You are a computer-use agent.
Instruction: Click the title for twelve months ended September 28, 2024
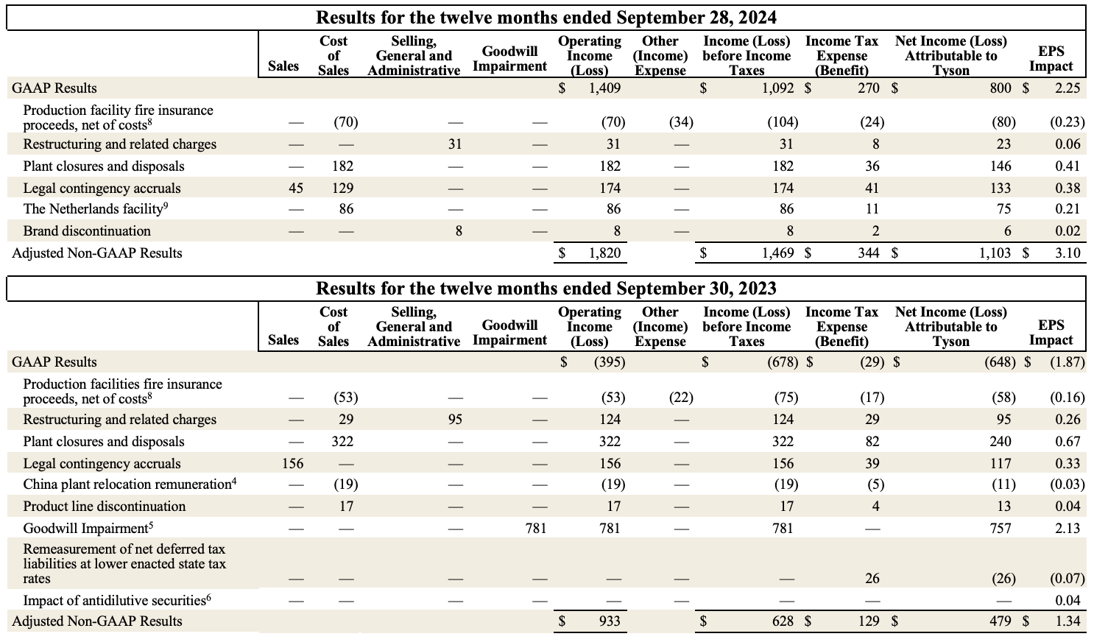click(x=546, y=17)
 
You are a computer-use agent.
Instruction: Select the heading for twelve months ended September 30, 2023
click(x=546, y=288)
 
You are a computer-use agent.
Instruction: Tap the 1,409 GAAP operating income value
click(x=604, y=88)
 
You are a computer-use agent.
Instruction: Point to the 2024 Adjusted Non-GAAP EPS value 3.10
click(x=1067, y=253)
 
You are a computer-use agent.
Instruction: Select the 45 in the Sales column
click(x=295, y=188)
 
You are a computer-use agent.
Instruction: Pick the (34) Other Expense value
click(x=681, y=122)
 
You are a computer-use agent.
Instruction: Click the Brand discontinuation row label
click(x=87, y=231)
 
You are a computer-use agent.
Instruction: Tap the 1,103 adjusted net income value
click(x=995, y=253)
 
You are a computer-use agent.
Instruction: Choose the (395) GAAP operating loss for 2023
click(x=610, y=362)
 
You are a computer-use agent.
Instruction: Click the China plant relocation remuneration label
click(x=129, y=484)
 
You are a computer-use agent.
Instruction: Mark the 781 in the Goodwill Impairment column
click(x=536, y=529)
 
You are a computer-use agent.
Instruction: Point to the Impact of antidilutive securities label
click(x=116, y=599)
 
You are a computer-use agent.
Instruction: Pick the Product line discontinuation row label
click(x=105, y=507)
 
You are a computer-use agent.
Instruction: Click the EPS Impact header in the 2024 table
click(x=1051, y=59)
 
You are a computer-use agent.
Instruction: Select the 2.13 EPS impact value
click(x=1067, y=529)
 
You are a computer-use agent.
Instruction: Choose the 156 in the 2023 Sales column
click(x=293, y=464)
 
